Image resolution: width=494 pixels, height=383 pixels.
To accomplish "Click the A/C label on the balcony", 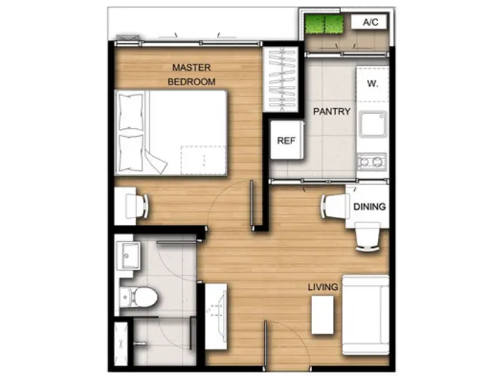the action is [x=370, y=22].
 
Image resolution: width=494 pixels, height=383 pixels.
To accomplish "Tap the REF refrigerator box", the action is [x=287, y=140].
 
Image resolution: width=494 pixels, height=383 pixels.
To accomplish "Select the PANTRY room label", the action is [x=331, y=111].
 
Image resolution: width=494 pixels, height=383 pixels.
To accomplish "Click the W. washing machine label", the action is [x=372, y=84].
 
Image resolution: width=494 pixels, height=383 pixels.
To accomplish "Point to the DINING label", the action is [x=369, y=207].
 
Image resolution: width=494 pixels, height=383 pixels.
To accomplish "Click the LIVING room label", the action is [x=323, y=287].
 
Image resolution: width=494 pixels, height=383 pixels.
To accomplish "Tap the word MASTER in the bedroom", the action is [x=192, y=67].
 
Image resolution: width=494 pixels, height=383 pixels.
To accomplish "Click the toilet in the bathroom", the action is [x=139, y=296].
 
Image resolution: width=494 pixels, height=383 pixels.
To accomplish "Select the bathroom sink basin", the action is [x=128, y=256].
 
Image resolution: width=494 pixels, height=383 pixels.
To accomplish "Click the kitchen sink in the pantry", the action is [x=373, y=124].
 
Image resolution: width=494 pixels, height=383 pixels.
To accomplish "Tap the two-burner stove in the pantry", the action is [x=372, y=162].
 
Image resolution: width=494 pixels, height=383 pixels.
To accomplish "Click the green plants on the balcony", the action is [x=324, y=24].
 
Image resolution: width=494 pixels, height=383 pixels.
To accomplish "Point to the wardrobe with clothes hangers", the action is [x=281, y=79].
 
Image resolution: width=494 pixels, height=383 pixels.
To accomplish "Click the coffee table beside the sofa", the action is [x=323, y=315].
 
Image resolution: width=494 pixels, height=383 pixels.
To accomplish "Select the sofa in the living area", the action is [x=365, y=315].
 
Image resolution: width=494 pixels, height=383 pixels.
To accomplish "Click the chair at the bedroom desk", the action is [x=137, y=206].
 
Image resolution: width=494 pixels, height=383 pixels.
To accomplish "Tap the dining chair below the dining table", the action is [x=368, y=236].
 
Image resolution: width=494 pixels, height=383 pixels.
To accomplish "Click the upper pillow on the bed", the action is [x=130, y=112].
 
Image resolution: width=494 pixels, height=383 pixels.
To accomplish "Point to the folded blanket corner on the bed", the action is [x=155, y=161].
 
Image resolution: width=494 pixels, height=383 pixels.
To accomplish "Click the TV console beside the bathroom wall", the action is [x=216, y=316].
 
